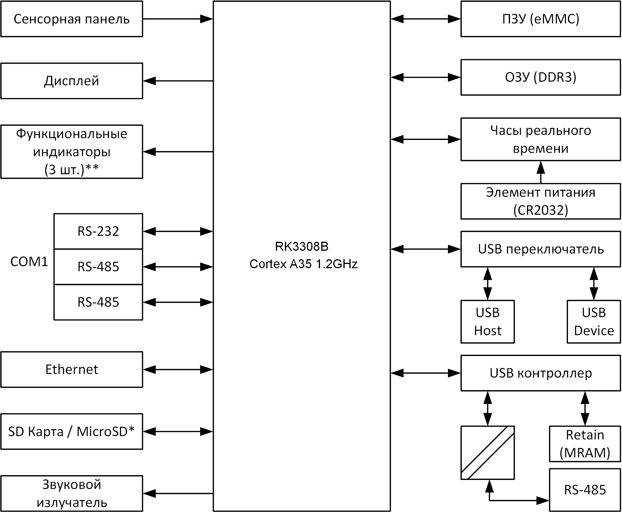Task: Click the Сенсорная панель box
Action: [71, 19]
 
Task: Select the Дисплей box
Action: [71, 81]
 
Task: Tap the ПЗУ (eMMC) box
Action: [540, 19]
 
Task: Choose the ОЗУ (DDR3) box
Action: [540, 77]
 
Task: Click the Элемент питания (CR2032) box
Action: [540, 201]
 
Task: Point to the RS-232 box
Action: [98, 231]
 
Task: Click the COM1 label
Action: [29, 262]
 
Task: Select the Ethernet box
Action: [71, 369]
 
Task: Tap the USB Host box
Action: [488, 322]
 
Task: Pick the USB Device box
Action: [593, 322]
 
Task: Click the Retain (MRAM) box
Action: [585, 444]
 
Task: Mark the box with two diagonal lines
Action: [488, 452]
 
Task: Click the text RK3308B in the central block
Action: [302, 247]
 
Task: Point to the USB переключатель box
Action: [540, 249]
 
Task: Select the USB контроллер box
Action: [540, 373]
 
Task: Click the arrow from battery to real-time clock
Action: [541, 172]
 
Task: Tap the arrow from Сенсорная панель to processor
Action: [178, 19]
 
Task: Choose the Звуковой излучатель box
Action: [71, 493]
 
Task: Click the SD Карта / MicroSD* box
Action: [71, 432]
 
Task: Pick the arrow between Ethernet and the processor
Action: [178, 369]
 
